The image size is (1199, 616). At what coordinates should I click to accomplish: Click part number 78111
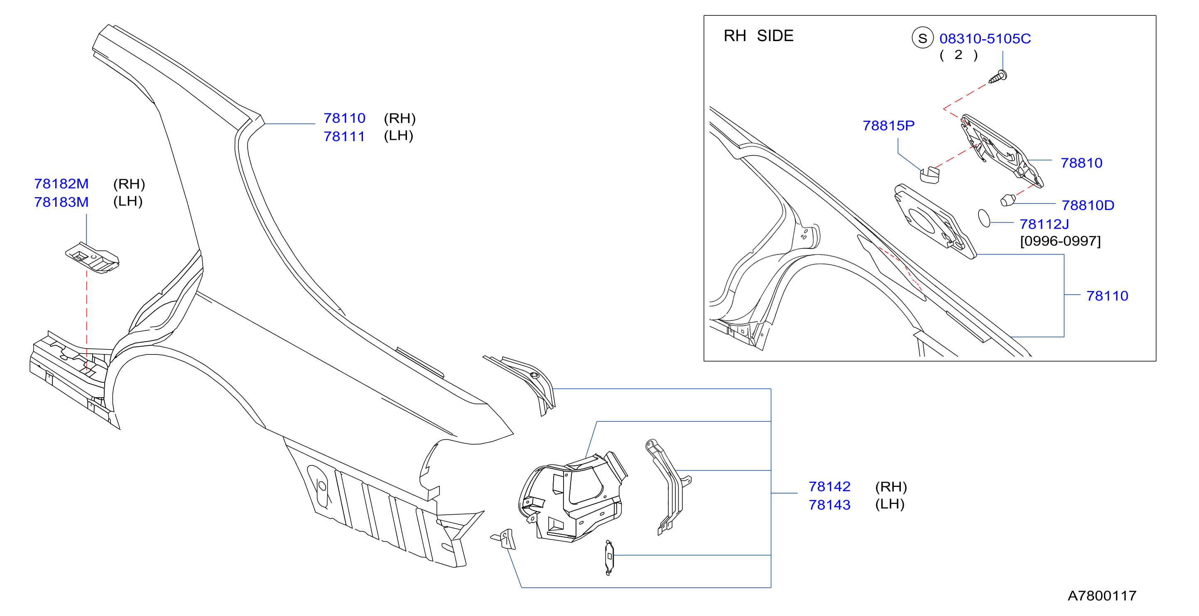coord(344,136)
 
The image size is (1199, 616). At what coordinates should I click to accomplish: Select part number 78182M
coord(61,184)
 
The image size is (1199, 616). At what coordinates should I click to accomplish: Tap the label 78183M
coord(61,202)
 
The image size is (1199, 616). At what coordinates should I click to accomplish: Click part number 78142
coord(829,486)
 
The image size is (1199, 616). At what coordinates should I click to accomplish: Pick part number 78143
coord(829,505)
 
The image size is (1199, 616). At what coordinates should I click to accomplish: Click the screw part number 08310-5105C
coord(985,39)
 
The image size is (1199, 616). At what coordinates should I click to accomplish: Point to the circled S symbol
coord(922,38)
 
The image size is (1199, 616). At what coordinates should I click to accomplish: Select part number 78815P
coord(888,126)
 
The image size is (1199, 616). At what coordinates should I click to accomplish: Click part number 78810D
coord(1088,205)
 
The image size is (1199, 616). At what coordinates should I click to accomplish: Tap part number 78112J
coord(1044,224)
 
